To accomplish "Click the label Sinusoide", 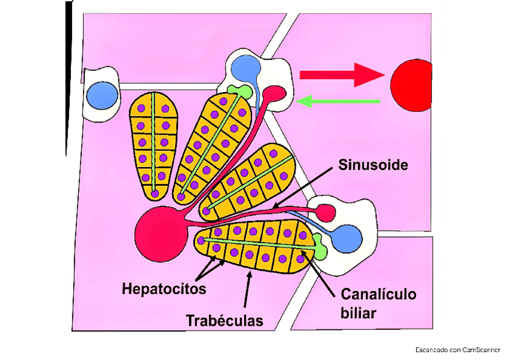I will (x=373, y=164).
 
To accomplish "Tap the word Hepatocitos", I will (x=164, y=289).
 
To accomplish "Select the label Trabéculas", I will (x=224, y=320).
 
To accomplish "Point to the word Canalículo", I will (x=378, y=294).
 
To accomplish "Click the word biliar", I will (x=358, y=313).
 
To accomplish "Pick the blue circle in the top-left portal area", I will (x=102, y=94).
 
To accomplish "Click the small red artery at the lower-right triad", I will (x=326, y=212).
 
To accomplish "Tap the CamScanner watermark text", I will (x=458, y=349).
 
